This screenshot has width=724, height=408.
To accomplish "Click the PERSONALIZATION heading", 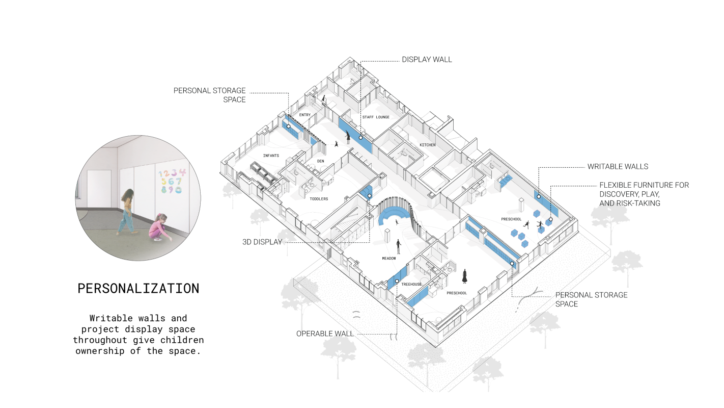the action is coord(138,289).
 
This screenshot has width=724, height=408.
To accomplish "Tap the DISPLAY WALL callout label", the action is coord(427,60).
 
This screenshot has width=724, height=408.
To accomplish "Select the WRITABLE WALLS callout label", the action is coord(618,166).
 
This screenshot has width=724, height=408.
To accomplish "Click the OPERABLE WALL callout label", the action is coord(325,334).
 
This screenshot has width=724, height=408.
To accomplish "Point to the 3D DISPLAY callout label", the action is coord(262,242).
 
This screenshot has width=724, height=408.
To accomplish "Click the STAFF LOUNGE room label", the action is coord(376,117).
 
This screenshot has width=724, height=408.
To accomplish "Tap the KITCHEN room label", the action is coord(427,145).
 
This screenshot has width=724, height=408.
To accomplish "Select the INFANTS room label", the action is coord(271,156).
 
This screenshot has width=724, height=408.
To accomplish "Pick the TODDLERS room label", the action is coord(319,199).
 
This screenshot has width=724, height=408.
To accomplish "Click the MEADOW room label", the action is coord(389,259).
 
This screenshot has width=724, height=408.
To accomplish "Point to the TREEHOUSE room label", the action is coord(411,284).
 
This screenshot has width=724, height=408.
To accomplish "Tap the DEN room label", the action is coord(320,161).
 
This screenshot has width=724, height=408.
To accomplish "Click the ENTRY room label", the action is coord(305,115).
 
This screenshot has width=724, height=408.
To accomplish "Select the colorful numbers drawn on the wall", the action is coord(172,181).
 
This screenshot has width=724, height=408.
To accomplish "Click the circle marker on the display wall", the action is coord(360,138).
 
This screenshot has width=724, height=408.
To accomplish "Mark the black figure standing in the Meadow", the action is coord(399,247).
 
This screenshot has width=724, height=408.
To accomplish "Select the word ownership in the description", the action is coord(100,351).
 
